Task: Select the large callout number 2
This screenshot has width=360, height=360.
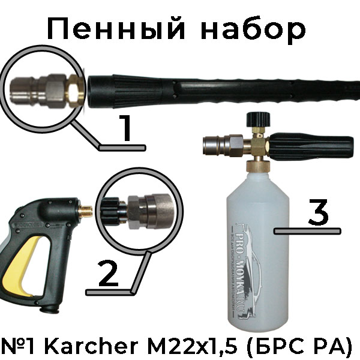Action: coord(109,272)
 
